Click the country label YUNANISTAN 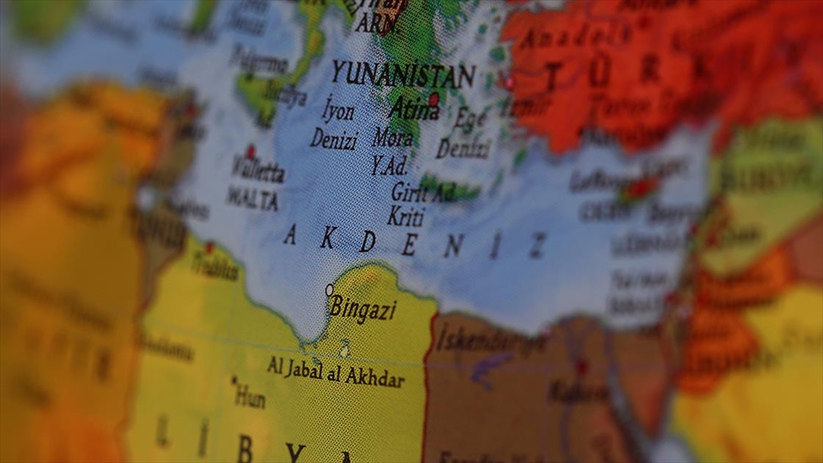point(403,74)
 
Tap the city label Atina point(414,109)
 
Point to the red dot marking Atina point(433,98)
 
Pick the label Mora point(393,138)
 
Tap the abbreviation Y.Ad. point(390,165)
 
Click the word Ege point(470,121)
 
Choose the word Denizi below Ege point(463,147)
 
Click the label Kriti point(405,217)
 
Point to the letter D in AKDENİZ point(368,241)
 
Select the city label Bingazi point(363,309)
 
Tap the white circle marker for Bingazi point(329,290)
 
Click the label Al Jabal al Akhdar point(335,372)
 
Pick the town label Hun point(250,396)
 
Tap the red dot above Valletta point(250,150)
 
